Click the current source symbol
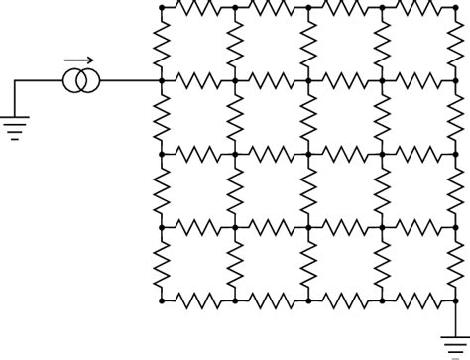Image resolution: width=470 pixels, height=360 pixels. point(81,80)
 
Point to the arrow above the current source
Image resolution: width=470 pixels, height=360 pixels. point(79,60)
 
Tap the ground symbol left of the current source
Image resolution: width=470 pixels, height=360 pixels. point(14,125)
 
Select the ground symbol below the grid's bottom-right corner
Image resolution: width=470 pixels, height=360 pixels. point(456,342)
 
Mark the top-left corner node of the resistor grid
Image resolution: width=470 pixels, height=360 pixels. point(162,7)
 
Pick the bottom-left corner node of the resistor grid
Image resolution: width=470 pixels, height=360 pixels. point(162,299)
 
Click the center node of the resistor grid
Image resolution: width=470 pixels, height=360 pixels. point(308,154)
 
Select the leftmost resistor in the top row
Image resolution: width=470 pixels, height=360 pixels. point(198,7)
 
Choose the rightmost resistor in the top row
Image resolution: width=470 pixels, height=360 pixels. point(418,7)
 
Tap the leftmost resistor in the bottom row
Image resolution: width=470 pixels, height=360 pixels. point(198,299)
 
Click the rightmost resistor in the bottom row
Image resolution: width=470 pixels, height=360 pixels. point(418,299)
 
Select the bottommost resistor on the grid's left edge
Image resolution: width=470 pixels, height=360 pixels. point(162,263)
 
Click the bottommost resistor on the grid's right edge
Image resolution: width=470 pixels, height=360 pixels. point(455,263)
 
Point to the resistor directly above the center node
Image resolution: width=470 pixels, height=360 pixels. point(308,117)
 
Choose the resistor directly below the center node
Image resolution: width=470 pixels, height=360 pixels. point(308,190)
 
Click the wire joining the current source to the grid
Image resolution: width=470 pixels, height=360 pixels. point(129,80)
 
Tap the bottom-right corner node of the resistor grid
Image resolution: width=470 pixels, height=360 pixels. point(455,299)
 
